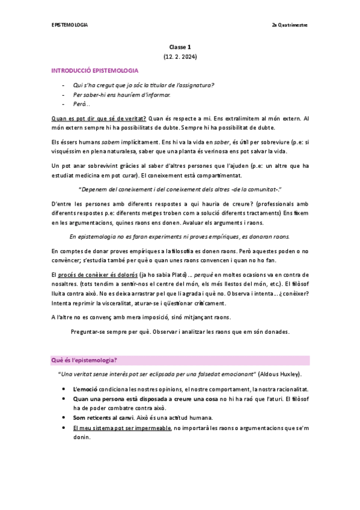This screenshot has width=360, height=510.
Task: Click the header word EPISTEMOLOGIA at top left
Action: tap(69, 25)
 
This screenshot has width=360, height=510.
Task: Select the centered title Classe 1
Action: tap(180, 47)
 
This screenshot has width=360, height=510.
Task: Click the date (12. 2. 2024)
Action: tap(180, 57)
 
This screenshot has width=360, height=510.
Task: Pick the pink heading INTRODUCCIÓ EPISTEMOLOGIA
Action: tap(95, 71)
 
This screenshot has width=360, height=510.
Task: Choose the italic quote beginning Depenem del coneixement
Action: tap(180, 189)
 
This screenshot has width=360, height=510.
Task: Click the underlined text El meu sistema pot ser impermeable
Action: tap(121, 428)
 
